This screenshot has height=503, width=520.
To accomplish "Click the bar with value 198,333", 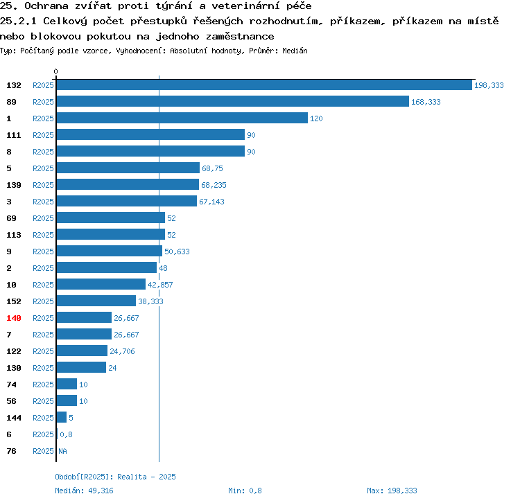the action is pos(264,85).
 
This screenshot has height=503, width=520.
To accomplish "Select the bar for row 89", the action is pos(233,101).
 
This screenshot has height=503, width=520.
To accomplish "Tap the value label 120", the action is pos(316,118).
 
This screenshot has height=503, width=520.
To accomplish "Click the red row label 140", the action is pos(14,318).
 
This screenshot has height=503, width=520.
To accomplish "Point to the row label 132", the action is pos(14,85).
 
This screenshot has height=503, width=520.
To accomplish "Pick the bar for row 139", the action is pos(128,184).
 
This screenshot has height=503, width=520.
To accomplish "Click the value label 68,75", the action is pos(212,168).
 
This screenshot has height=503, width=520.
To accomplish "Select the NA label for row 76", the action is pos(62,451).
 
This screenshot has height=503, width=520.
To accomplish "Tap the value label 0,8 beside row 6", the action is pos(66,434).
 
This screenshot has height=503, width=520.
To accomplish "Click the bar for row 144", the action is pos(61,417).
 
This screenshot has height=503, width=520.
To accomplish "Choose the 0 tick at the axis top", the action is pos(55,71).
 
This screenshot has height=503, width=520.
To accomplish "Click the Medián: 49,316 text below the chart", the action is pos(84,491).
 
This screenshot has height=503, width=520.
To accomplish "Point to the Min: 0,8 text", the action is pos(245,491).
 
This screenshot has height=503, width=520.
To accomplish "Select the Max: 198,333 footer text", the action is pos(392,491).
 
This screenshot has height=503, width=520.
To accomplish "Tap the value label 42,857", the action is pos(160,285).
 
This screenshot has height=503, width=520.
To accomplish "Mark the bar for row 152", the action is pos(96,301).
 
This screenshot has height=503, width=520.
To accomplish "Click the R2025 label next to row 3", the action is pos(43,202).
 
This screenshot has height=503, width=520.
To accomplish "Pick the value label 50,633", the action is pos(177,251).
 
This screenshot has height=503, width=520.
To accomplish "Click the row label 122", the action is pos(14,351).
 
